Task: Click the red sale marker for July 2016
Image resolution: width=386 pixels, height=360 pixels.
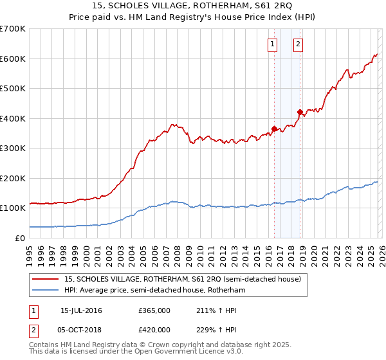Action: point(274,129)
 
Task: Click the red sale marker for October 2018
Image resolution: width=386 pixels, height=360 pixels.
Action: point(300,112)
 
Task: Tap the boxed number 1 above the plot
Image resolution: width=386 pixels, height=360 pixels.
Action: point(273,44)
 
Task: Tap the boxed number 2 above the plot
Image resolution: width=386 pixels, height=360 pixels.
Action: point(299,44)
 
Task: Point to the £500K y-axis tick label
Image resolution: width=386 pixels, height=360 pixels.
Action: point(12,89)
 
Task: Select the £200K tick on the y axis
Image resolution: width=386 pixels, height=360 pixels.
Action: point(12,178)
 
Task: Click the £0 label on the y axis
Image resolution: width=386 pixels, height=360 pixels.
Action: point(19,238)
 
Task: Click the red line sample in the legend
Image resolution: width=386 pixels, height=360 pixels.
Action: point(46,280)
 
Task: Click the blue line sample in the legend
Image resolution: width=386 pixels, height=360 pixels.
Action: point(46,291)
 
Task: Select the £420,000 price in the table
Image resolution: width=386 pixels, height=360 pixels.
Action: point(154,329)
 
